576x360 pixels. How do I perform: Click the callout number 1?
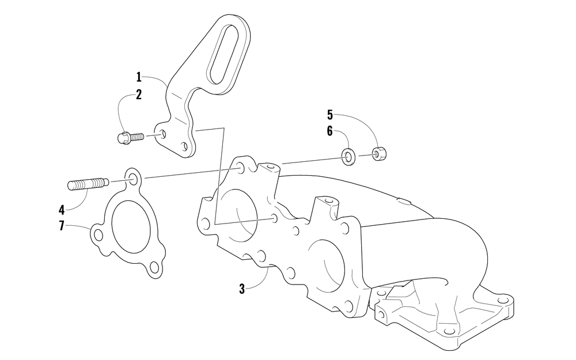click(139, 77)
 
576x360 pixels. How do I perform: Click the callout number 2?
click(139, 96)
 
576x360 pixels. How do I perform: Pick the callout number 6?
click(330, 131)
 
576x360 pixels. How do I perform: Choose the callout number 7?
click(62, 226)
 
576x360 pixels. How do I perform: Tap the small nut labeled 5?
click(377, 154)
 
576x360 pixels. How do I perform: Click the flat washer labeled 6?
click(349, 156)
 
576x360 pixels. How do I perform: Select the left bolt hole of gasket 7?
click(98, 234)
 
